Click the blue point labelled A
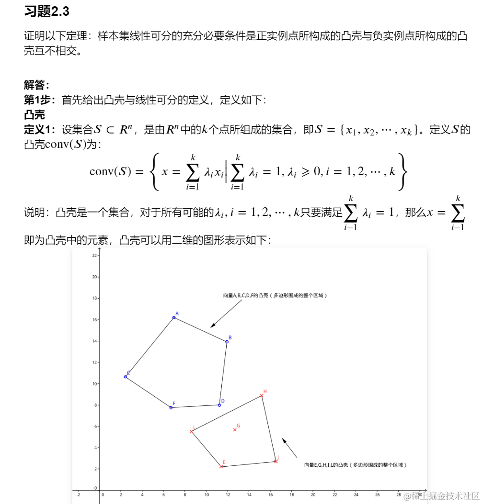174,318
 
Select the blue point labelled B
227,342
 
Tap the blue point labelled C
126,377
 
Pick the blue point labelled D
219,405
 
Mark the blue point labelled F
171,408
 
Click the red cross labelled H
262,395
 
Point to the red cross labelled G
235,430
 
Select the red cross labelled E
221,467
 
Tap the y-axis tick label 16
95,320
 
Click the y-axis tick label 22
95,256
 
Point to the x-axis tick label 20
313,494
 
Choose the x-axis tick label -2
78,494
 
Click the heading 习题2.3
46,12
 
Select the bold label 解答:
37,85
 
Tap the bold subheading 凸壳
34,115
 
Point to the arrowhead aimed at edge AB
212,326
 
